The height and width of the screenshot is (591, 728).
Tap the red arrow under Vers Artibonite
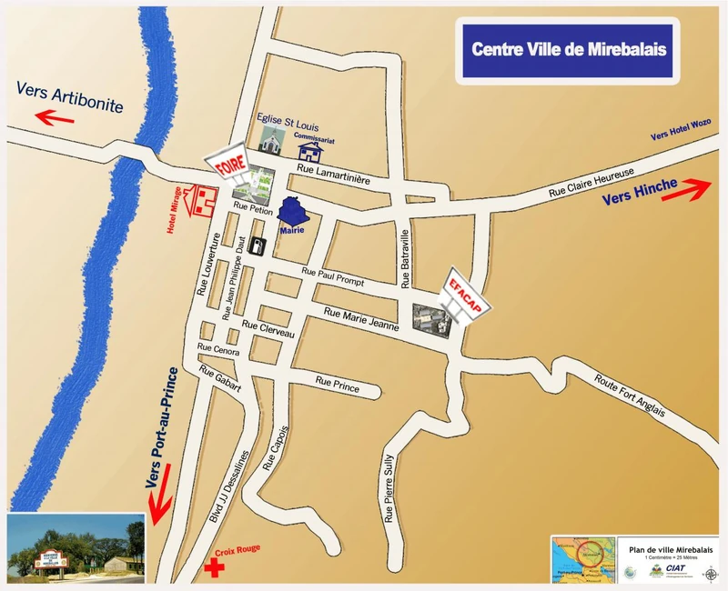tap(54, 117)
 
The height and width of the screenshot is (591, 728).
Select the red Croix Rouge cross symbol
tap(214, 569)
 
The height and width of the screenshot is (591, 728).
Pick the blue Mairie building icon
tap(291, 211)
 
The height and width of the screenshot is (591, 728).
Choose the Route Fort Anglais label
tap(629, 396)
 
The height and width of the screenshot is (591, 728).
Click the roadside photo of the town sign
tap(76, 548)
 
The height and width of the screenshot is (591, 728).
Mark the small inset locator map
tap(581, 559)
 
